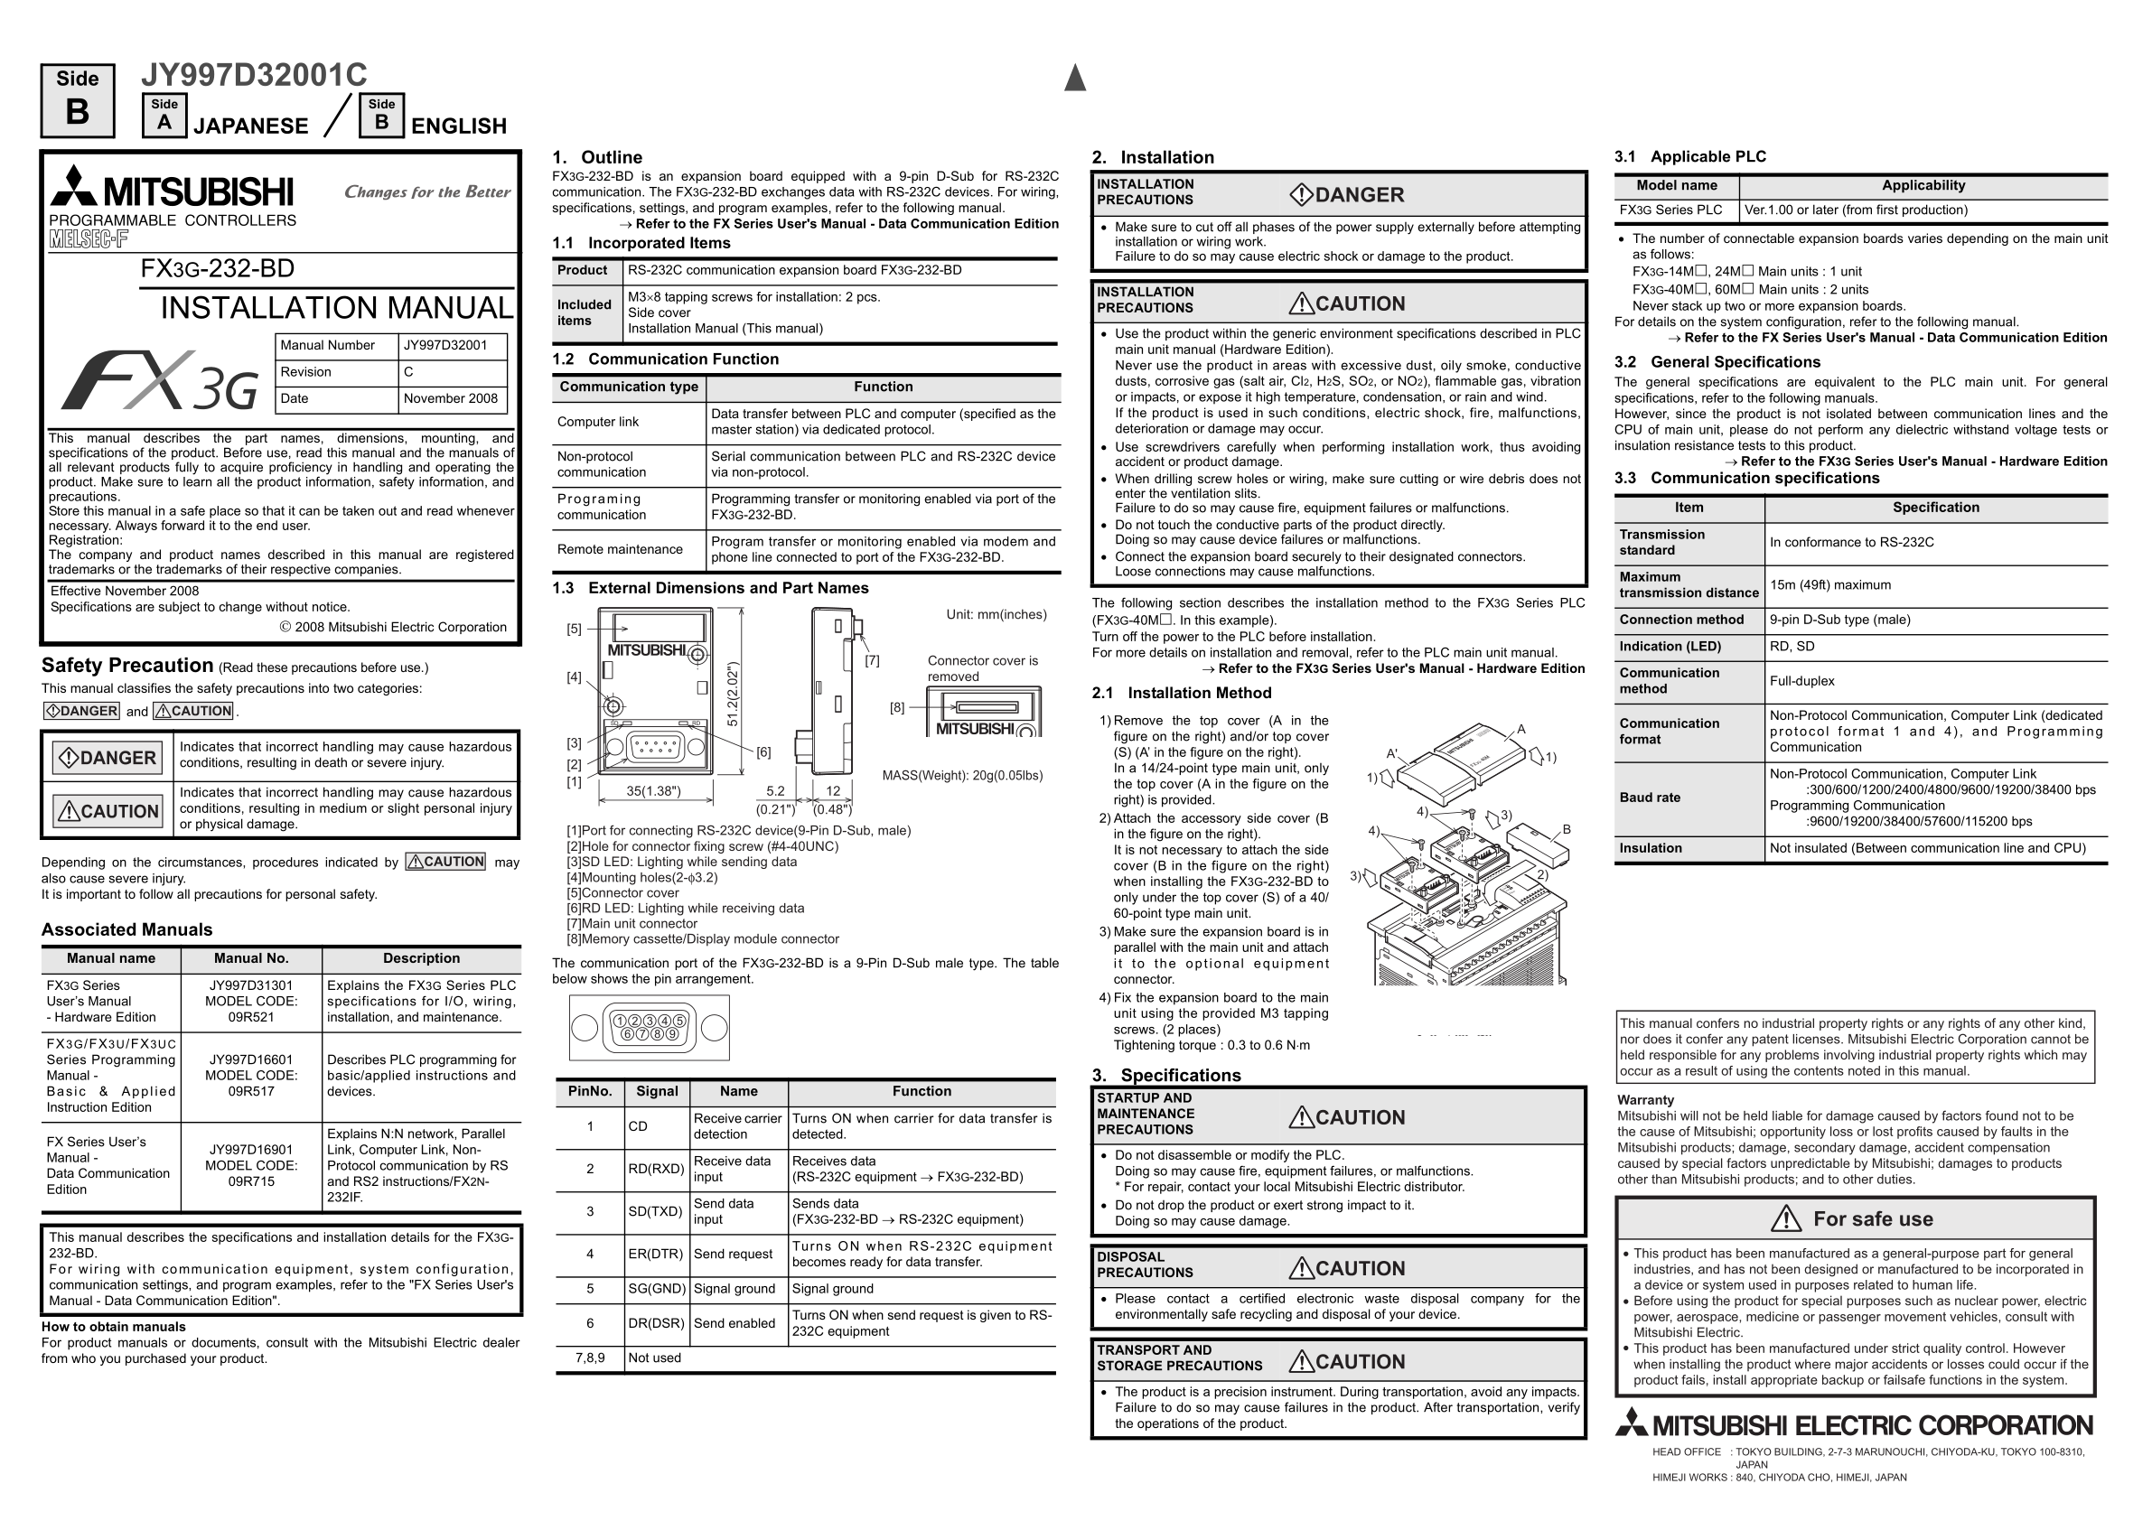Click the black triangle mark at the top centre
(1075, 79)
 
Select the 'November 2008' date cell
(451, 398)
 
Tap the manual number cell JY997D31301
(251, 985)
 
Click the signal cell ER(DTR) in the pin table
(656, 1254)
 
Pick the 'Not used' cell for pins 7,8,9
(654, 1358)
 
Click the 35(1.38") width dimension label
(653, 791)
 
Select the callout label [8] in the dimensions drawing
(897, 707)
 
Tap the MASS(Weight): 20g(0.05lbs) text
(961, 775)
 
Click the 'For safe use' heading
(1873, 1219)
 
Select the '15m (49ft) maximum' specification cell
(1829, 584)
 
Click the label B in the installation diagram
(1567, 829)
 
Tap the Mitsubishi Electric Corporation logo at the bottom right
(1854, 1425)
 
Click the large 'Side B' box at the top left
(78, 100)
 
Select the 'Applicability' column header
(1923, 185)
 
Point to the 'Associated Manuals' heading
(126, 929)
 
